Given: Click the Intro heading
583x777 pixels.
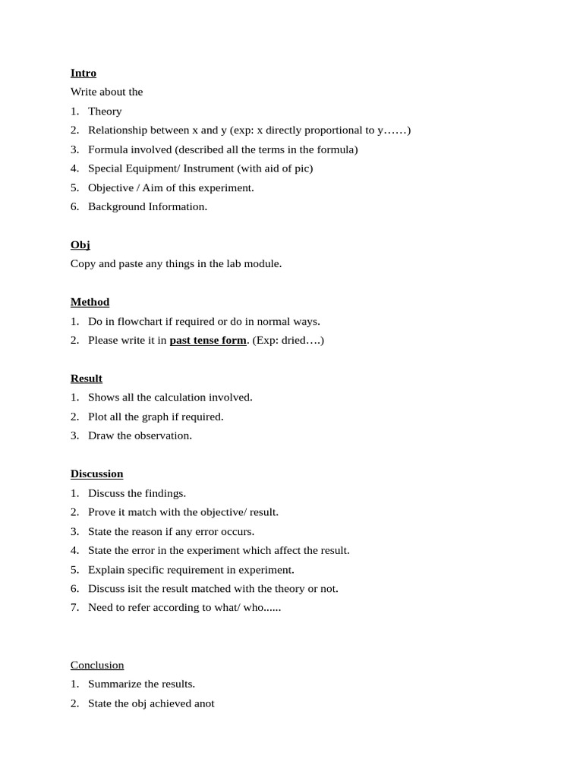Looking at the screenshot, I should click(x=84, y=73).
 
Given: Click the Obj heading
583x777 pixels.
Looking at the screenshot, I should click(x=80, y=244).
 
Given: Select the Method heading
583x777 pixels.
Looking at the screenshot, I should click(x=90, y=302).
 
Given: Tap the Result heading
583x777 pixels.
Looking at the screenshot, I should click(x=87, y=378).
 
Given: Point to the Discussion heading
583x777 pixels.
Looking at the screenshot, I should click(x=96, y=473).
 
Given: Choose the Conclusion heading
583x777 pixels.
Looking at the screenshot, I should click(x=97, y=665).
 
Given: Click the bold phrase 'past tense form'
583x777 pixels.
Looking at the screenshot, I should click(x=207, y=340).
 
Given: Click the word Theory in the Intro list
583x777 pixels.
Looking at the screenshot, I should click(x=105, y=111).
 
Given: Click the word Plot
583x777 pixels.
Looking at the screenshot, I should click(x=98, y=417).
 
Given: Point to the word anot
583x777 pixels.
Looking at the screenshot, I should click(x=204, y=703).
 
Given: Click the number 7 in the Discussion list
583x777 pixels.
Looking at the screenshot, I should click(x=74, y=607).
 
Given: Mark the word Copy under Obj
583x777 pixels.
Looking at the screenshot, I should click(x=83, y=263).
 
